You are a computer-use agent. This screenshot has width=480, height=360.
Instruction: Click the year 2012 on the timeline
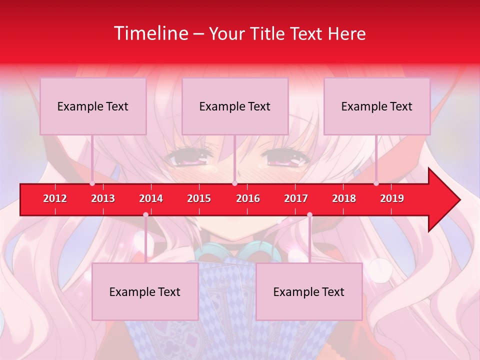coord(55,198)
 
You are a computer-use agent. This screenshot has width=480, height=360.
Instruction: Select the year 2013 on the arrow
coord(103,198)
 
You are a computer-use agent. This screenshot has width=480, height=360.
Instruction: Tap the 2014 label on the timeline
coord(151,198)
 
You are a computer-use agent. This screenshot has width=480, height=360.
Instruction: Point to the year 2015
coord(199,198)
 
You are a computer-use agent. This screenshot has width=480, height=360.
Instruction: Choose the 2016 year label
coord(248,198)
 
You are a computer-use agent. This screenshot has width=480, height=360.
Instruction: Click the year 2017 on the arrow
coord(296,198)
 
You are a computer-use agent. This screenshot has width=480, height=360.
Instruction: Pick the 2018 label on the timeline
coord(344,198)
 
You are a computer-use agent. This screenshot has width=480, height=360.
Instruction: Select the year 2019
coord(392,198)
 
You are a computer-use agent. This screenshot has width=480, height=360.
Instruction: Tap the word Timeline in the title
coord(150,33)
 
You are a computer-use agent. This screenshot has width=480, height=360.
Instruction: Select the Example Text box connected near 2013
coord(93,106)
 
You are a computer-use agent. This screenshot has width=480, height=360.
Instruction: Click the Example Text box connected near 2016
coord(235,106)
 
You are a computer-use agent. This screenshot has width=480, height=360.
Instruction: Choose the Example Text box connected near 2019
coord(377,106)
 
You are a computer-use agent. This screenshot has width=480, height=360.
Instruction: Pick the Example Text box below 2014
coord(145,291)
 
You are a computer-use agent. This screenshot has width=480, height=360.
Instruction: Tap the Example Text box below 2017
coord(309,291)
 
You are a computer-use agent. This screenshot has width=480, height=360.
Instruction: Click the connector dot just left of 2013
coord(92,183)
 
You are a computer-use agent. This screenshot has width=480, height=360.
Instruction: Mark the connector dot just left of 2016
coord(234,183)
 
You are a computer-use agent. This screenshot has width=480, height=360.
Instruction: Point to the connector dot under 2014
coord(145,215)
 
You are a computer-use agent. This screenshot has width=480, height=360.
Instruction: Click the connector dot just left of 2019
coord(376,183)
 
